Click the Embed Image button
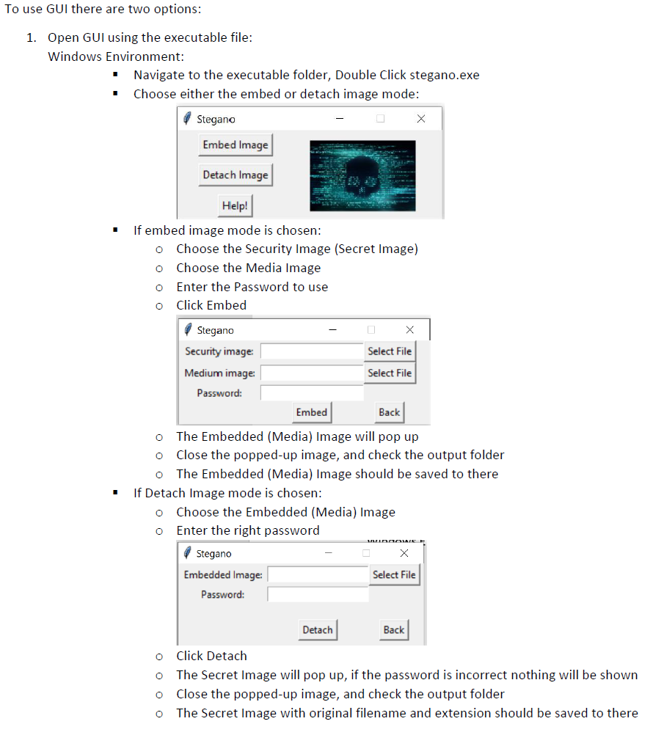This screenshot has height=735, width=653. click(236, 145)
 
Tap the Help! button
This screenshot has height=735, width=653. click(235, 206)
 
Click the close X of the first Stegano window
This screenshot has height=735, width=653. click(420, 119)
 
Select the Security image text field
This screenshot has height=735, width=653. click(312, 351)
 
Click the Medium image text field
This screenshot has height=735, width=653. click(312, 373)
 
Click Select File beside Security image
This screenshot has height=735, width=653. click(390, 351)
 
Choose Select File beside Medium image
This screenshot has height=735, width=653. click(390, 373)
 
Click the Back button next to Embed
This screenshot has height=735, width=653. click(389, 412)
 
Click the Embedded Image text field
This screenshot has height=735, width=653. click(318, 575)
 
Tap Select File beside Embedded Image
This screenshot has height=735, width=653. click(394, 575)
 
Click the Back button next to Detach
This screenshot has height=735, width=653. click(393, 630)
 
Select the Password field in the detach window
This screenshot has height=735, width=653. click(318, 595)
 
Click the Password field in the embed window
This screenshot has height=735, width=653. click(312, 393)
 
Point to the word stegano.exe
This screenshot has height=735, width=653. click(445, 75)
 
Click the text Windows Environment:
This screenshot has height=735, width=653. click(116, 56)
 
